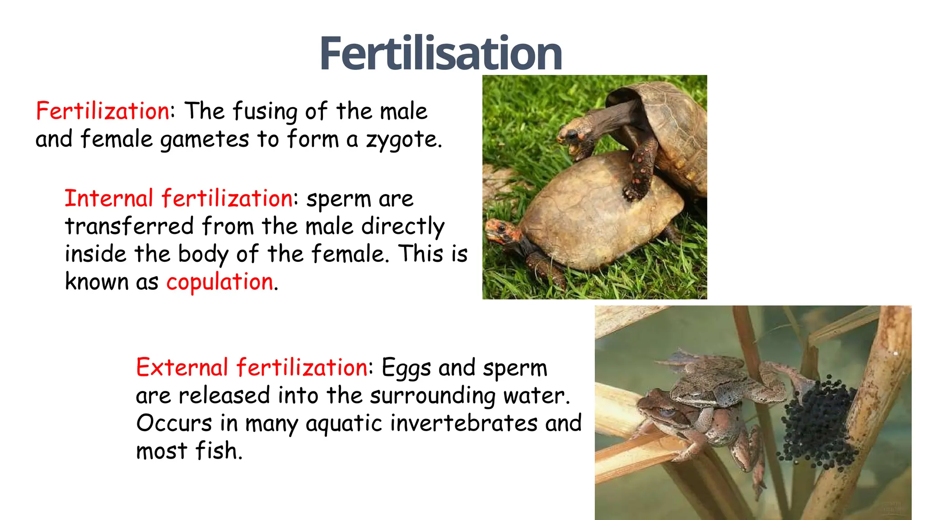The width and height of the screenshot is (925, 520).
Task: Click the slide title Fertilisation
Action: [440, 54]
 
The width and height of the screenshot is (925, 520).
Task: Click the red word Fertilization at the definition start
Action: [103, 111]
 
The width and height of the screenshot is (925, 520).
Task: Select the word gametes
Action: [205, 139]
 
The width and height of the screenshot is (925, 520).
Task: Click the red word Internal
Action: [109, 199]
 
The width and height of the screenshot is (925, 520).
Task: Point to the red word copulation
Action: [220, 282]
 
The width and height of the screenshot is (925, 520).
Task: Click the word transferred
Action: [129, 226]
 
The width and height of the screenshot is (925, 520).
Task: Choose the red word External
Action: [182, 367]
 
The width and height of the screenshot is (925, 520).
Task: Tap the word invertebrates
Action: [464, 423]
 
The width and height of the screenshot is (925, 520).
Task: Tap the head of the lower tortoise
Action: [500, 230]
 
